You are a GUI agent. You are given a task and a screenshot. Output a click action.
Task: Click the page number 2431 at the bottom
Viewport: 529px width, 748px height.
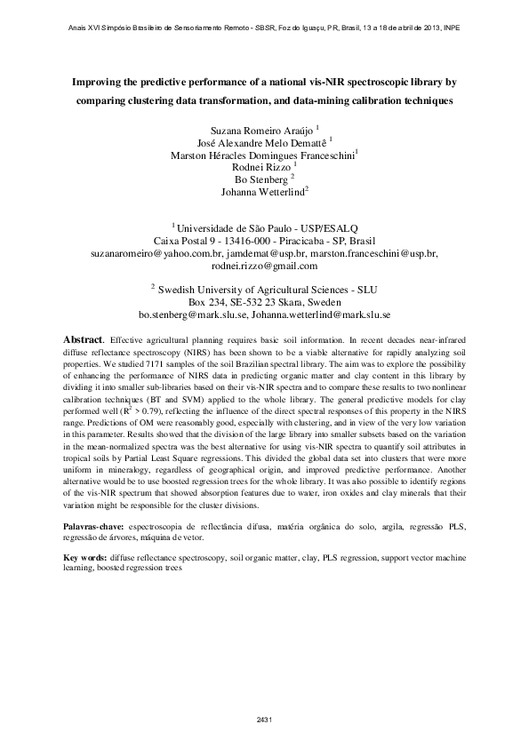click(263, 719)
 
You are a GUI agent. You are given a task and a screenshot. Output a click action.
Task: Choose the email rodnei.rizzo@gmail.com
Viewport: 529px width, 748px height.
click(264, 266)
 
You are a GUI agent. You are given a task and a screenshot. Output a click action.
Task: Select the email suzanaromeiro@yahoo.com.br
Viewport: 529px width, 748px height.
click(147, 253)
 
